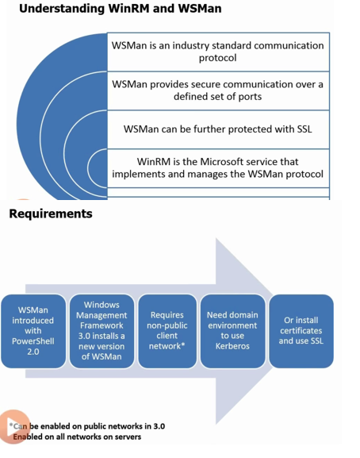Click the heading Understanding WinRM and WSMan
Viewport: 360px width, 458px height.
coord(121,9)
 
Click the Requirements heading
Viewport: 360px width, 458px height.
coord(51,214)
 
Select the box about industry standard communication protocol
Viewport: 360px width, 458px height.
coord(218,52)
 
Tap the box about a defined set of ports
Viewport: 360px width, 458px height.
coord(218,90)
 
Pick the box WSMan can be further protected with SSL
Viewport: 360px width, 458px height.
coord(218,129)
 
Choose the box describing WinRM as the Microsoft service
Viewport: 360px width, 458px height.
coord(218,168)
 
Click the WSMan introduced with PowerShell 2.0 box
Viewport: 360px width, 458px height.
coord(33,331)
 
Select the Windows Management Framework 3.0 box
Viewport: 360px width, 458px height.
coord(101,331)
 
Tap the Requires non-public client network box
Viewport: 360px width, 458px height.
coord(167,331)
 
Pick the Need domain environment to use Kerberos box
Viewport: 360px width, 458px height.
coord(232,331)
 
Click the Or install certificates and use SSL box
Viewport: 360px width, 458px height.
coord(301,331)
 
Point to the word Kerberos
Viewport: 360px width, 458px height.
coord(232,346)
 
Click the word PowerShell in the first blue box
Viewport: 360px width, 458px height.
coord(33,341)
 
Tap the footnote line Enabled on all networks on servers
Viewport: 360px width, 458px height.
coord(77,437)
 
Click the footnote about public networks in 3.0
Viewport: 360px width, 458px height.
coord(87,426)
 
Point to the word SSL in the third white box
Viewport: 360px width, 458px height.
coord(304,129)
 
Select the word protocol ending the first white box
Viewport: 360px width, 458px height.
coord(217,58)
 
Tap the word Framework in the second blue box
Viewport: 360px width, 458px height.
coord(101,325)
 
